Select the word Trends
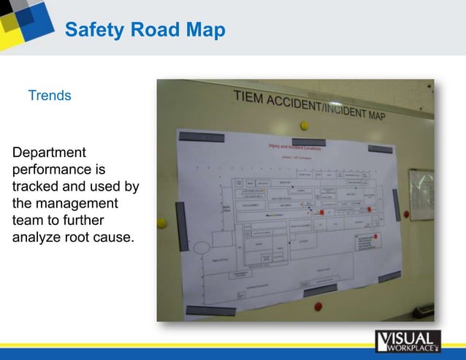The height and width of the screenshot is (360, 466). (x=49, y=96)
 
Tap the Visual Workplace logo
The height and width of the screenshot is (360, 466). (x=408, y=342)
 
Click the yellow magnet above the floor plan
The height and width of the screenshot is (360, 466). (x=304, y=126)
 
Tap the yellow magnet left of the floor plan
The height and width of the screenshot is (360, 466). (x=162, y=223)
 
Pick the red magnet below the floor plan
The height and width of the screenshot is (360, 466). (x=318, y=307)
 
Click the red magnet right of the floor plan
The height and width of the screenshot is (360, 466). (x=407, y=214)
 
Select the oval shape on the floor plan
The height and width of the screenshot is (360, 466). (x=202, y=247)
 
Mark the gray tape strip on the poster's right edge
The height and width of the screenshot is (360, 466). (x=395, y=205)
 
